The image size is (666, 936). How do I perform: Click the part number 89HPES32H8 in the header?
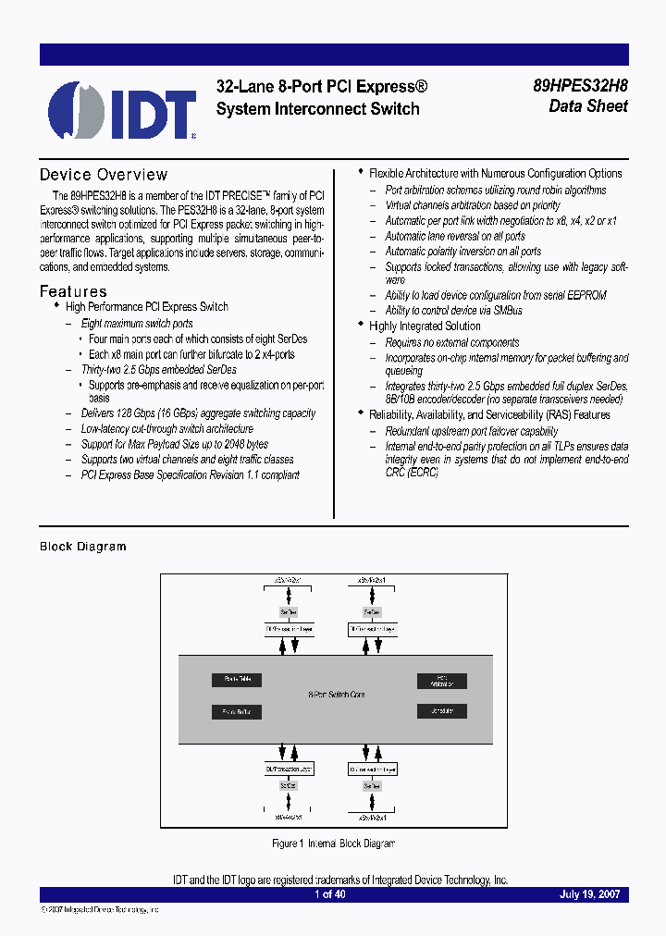pyautogui.click(x=580, y=87)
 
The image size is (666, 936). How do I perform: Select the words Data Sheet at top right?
pyautogui.click(x=588, y=106)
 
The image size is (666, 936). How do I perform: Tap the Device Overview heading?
pyautogui.click(x=104, y=175)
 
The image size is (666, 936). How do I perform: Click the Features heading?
pyautogui.click(x=73, y=292)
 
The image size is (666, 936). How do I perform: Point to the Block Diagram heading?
pyautogui.click(x=82, y=547)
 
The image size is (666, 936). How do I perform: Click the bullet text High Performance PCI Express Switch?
pyautogui.click(x=146, y=307)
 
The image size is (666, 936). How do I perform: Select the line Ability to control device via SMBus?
pyautogui.click(x=453, y=311)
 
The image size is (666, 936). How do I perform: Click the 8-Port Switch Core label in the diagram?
pyautogui.click(x=336, y=695)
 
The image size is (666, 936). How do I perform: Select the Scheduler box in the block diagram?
pyautogui.click(x=441, y=711)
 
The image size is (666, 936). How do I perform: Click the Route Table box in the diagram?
pyautogui.click(x=236, y=680)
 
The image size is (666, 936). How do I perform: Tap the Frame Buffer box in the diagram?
pyautogui.click(x=236, y=712)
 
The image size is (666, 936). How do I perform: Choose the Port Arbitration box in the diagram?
pyautogui.click(x=441, y=681)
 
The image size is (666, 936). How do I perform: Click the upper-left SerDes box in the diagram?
pyautogui.click(x=289, y=612)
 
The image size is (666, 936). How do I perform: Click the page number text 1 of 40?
pyautogui.click(x=330, y=894)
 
